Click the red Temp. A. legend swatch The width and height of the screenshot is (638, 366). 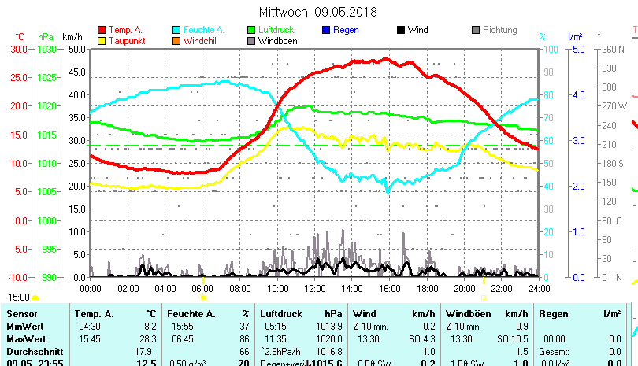pyautogui.click(x=102, y=30)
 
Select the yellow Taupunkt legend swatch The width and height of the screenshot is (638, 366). pyautogui.click(x=102, y=40)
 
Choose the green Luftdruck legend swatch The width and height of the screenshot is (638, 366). pyautogui.click(x=251, y=30)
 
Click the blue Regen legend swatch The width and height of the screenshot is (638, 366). pyautogui.click(x=326, y=30)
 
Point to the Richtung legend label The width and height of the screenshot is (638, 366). pyautogui.click(x=499, y=30)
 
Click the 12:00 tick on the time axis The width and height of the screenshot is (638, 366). pyautogui.click(x=315, y=288)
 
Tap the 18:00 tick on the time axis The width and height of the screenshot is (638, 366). pyautogui.click(x=427, y=288)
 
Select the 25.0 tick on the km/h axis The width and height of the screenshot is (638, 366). pyautogui.click(x=77, y=163)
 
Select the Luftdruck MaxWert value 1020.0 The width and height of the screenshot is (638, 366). pyautogui.click(x=325, y=338)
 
